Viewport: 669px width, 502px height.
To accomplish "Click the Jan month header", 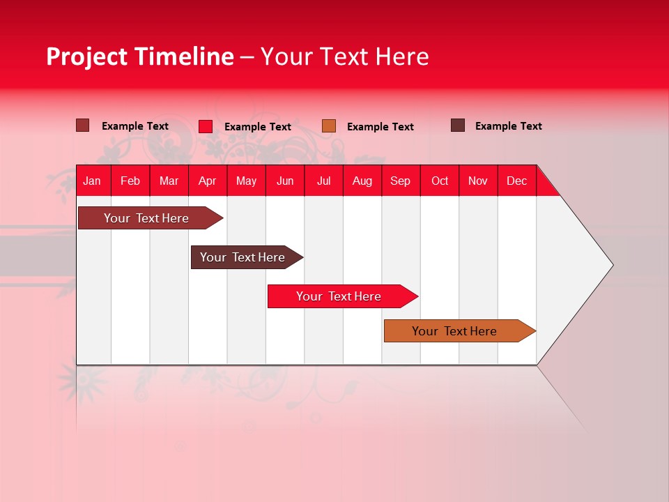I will pos(92,181).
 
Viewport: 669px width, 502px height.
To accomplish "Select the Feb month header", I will pos(130,181).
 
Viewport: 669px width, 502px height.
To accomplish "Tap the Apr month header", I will pos(208,181).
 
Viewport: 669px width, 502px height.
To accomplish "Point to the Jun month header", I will pos(285,181).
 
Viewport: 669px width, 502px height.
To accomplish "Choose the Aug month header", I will pos(362,181).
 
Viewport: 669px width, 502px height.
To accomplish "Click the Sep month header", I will pos(401,181).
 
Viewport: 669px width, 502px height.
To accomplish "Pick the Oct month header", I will pos(440,181).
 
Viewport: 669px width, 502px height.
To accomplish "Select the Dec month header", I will pos(517,181).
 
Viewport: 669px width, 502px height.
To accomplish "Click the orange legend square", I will pos(329,126).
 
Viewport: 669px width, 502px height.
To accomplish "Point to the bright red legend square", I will pos(206,126).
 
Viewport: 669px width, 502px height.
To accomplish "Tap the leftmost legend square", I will pos(83,125).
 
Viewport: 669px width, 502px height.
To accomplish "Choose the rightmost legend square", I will pos(458,125).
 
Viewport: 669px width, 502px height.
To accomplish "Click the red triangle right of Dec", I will pos(546,186).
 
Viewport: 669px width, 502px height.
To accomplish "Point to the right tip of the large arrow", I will pos(611,264).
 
